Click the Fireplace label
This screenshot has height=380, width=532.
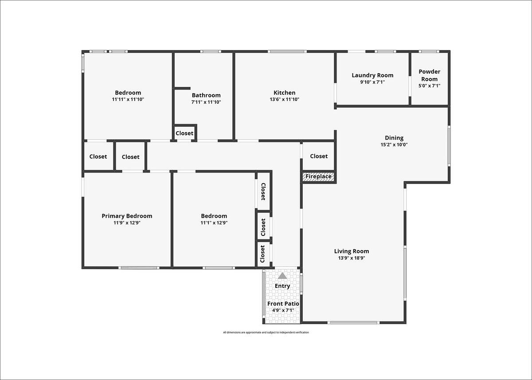coord(318,176)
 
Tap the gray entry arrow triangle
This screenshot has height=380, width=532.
coord(282,276)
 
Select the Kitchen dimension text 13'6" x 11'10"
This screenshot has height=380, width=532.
coord(284,99)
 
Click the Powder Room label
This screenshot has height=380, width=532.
coord(430,75)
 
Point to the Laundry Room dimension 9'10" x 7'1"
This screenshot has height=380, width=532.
coord(372,82)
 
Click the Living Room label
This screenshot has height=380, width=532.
coord(352,251)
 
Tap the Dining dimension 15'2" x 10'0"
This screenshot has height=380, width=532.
coord(394,145)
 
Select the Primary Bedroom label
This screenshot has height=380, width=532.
coord(127,216)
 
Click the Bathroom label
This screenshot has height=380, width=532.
coord(206,95)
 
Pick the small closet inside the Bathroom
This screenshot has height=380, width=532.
coord(184,133)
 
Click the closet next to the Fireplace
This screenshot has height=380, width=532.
coord(319,156)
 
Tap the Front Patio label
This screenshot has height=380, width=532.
coord(283,304)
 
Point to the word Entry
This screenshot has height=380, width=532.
coord(282,286)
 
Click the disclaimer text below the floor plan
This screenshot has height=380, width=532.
coord(266,333)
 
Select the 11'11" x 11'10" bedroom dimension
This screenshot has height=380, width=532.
coord(128,99)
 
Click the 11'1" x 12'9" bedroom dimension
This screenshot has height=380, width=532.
coord(214,223)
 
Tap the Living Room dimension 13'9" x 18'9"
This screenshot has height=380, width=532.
coord(352,258)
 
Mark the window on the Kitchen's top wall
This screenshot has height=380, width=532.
coord(287,51)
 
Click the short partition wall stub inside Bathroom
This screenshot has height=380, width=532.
coord(182,88)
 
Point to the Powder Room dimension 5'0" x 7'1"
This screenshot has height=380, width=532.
coord(430,86)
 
